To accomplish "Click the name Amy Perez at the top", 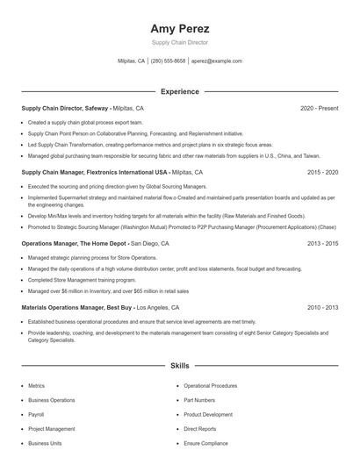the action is (x=180, y=29).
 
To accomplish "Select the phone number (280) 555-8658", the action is (x=169, y=61).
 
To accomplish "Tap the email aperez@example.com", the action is (x=216, y=61).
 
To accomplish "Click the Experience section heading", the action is (x=179, y=91).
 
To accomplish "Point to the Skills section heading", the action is (x=179, y=365).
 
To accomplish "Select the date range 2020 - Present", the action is (x=319, y=108).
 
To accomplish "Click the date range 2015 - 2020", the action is (x=322, y=173).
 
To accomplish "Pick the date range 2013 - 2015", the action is (x=322, y=243).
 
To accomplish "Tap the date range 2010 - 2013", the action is (x=322, y=308).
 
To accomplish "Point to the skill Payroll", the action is (x=36, y=414).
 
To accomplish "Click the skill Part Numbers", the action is (x=199, y=400).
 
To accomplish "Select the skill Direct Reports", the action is (x=200, y=429).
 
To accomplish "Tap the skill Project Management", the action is (x=51, y=429).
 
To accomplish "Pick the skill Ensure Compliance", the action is (x=205, y=443).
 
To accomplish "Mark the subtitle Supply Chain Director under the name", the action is (x=180, y=42).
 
